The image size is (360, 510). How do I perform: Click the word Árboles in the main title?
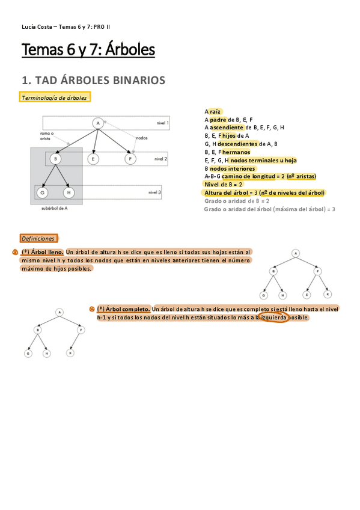[x=130, y=50]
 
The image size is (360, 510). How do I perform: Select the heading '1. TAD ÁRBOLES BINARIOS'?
[x=93, y=80]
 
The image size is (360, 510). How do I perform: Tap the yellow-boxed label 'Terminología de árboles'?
[x=55, y=97]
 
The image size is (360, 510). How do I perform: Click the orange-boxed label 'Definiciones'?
[x=38, y=239]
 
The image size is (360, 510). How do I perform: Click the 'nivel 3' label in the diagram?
[x=155, y=192]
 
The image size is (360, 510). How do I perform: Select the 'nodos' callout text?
[x=142, y=137]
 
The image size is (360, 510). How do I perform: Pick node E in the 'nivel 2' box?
[x=93, y=159]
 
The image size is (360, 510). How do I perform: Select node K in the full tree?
[x=328, y=294]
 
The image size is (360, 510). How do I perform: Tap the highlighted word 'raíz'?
[x=216, y=112]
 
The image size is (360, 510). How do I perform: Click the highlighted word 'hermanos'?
[x=236, y=152]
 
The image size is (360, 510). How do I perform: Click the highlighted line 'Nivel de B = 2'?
[x=224, y=185]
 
